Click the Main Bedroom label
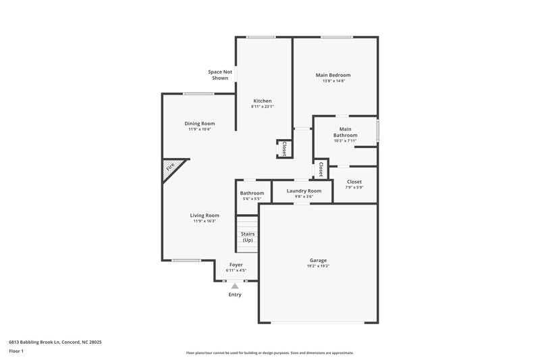[333, 75]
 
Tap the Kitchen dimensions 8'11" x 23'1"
[262, 106]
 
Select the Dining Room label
[200, 124]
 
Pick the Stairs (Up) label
[248, 236]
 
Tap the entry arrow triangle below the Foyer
[235, 286]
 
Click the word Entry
[235, 294]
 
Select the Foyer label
[236, 265]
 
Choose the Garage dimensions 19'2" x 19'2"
[318, 266]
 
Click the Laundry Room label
[304, 191]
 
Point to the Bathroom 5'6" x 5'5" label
[252, 196]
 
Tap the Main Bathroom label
[345, 132]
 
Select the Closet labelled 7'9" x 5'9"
[354, 184]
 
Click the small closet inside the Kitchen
[283, 149]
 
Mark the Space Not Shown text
[220, 74]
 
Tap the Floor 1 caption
[17, 352]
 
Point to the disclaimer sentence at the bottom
[270, 353]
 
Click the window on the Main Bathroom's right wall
[377, 130]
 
